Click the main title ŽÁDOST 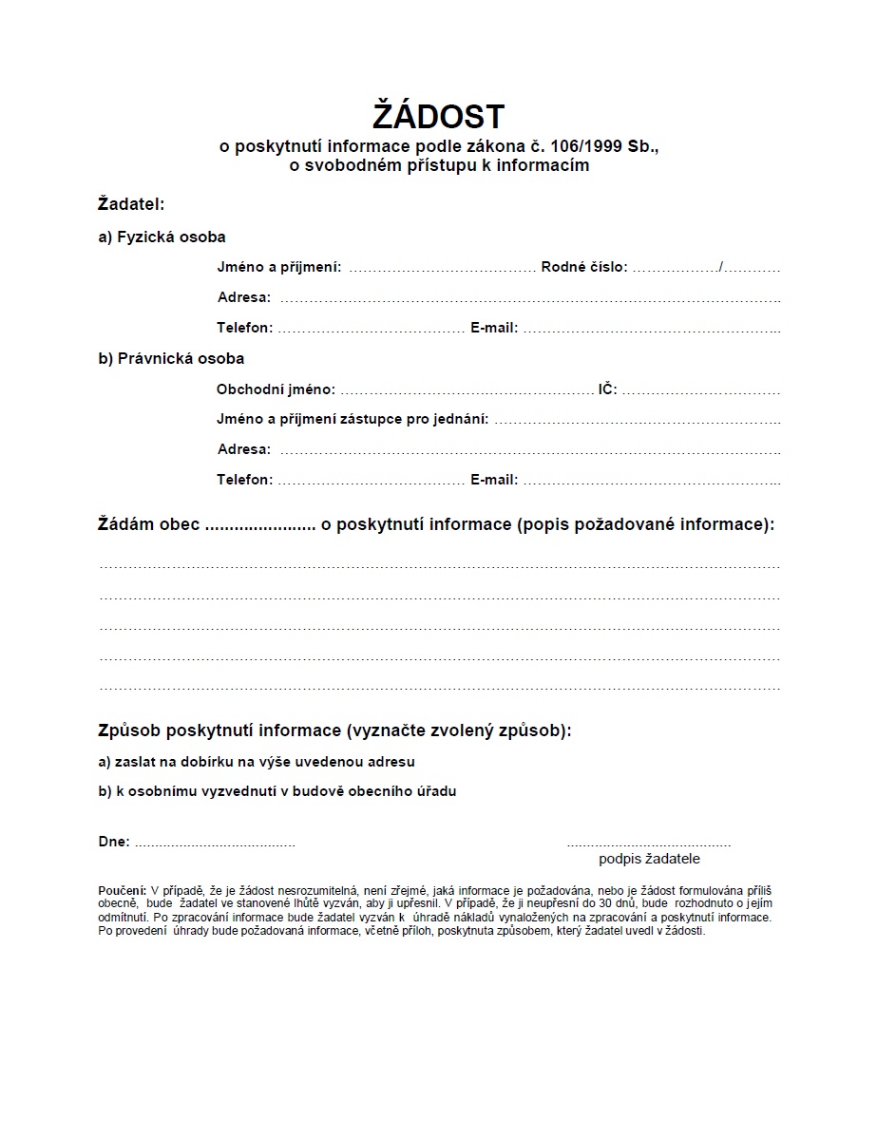click(438, 117)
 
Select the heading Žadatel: click(131, 203)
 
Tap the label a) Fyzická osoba click(162, 237)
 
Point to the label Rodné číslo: click(584, 268)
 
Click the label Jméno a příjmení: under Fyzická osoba click(279, 268)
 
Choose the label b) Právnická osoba click(171, 358)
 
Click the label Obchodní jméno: click(276, 389)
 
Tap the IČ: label click(608, 389)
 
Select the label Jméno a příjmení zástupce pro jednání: click(353, 419)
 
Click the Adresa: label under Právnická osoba click(244, 449)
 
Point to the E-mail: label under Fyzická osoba click(494, 328)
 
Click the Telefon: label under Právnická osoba click(244, 480)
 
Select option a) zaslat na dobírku click(257, 761)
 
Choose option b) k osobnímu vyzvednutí click(277, 791)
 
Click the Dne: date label click(114, 842)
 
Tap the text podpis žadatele click(649, 859)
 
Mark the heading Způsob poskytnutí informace click(219, 730)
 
